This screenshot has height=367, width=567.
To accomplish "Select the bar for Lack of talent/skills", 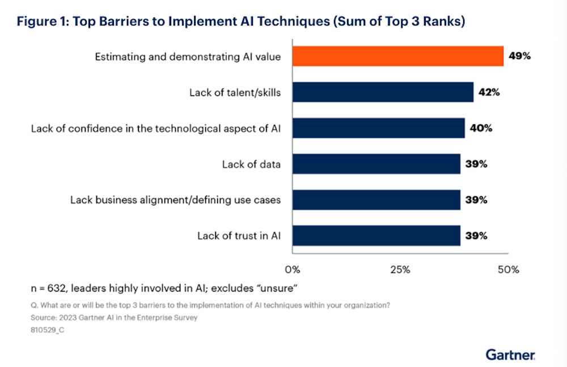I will pyautogui.click(x=383, y=92).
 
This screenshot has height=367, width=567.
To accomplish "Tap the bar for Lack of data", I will pyautogui.click(x=376, y=164).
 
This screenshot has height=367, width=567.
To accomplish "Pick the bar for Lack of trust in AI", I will pyautogui.click(x=376, y=235).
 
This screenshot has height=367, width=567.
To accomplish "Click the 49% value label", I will pyautogui.click(x=519, y=56).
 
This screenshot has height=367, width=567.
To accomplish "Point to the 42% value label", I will pyautogui.click(x=488, y=92).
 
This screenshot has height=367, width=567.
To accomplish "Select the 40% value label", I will pyautogui.click(x=480, y=128).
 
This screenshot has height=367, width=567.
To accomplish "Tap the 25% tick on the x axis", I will pyautogui.click(x=400, y=269).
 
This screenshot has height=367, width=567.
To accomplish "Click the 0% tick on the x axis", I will pyautogui.click(x=292, y=269).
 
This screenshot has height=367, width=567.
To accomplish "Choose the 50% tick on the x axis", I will pyautogui.click(x=508, y=269).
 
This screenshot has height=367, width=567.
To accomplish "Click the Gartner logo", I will pyautogui.click(x=510, y=355).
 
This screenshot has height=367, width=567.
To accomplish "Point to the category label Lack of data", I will pyautogui.click(x=251, y=164).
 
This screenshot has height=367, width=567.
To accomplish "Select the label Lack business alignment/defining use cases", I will pyautogui.click(x=175, y=200).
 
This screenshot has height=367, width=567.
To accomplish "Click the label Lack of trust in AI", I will pyautogui.click(x=239, y=236).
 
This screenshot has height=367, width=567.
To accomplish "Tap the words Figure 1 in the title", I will pyautogui.click(x=43, y=22).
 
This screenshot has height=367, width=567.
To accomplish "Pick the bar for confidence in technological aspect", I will pyautogui.click(x=379, y=128).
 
